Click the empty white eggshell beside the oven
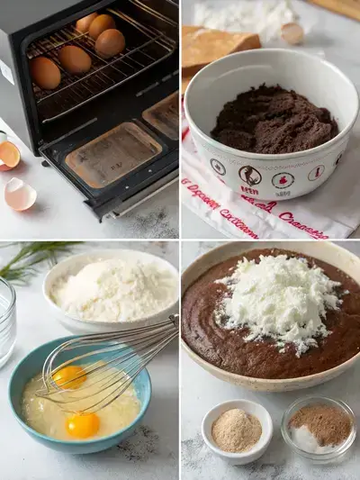pyautogui.click(x=20, y=194)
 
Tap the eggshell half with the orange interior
pyautogui.click(x=9, y=154)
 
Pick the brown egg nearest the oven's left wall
pyautogui.click(x=45, y=72)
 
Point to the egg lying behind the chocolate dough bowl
pyautogui.click(x=292, y=33)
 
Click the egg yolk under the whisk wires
pyautogui.click(x=70, y=376)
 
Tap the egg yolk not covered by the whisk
pyautogui.click(x=83, y=424)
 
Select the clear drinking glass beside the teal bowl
pyautogui.click(x=6, y=320)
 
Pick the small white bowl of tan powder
pyautogui.click(x=237, y=430)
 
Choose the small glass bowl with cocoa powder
pyautogui.click(x=318, y=429)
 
